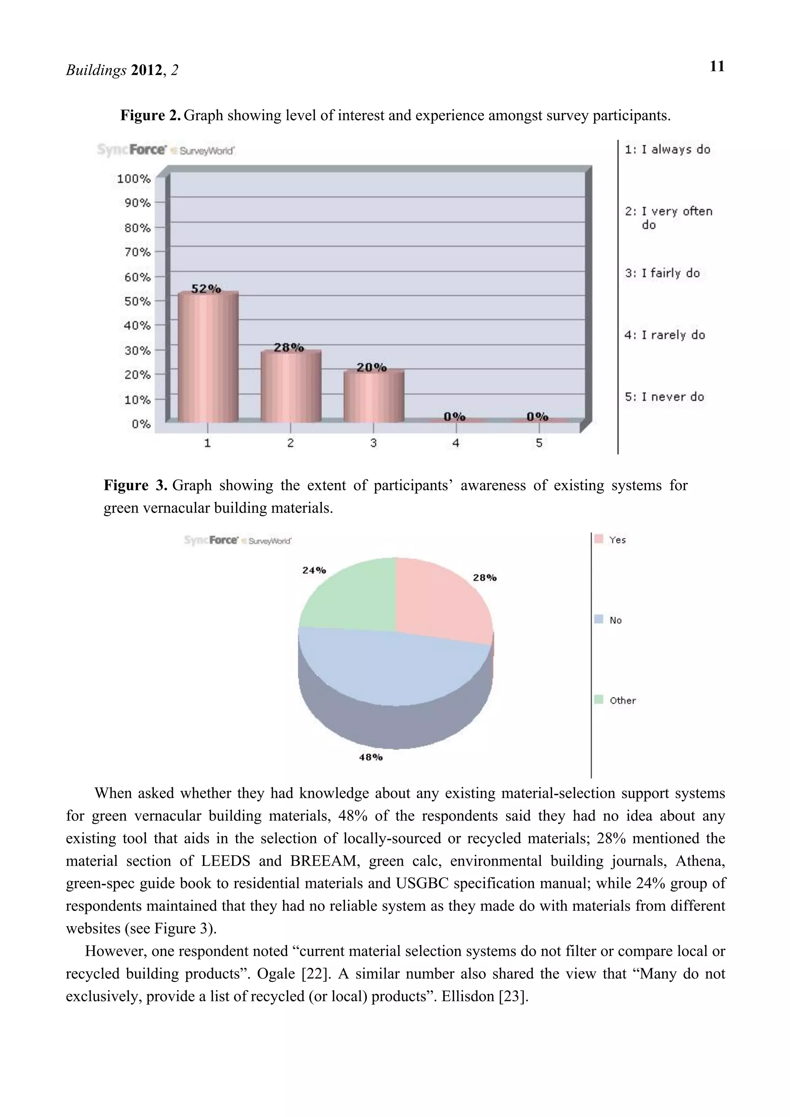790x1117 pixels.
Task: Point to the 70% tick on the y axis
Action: (x=138, y=252)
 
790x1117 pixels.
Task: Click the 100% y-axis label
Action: (x=134, y=178)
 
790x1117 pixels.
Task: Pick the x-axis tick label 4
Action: (x=456, y=443)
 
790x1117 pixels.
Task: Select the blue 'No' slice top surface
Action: (x=389, y=666)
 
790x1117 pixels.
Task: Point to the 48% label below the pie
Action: (x=371, y=757)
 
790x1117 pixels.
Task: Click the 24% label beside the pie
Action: (x=314, y=570)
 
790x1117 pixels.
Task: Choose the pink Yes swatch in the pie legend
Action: (x=599, y=539)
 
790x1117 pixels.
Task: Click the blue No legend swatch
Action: (x=599, y=619)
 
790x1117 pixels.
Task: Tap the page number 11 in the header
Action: (x=717, y=67)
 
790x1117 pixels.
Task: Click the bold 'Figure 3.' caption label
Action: (x=136, y=486)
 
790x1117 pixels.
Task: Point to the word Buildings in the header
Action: (x=96, y=71)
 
